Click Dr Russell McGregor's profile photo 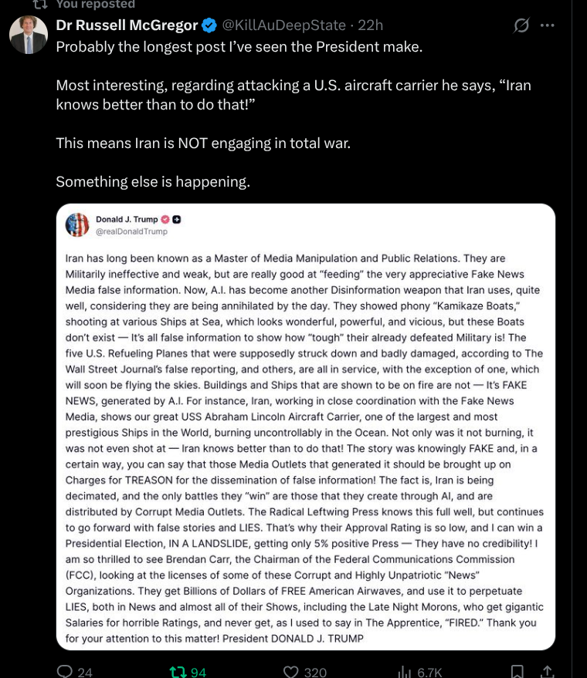(29, 35)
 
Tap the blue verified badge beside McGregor (209, 25)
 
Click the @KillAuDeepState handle (283, 25)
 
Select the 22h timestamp (370, 25)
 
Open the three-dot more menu (548, 25)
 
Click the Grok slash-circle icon (522, 25)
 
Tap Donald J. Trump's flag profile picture (77, 224)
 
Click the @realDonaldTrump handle (131, 231)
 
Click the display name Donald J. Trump (127, 220)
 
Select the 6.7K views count (429, 672)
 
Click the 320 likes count (315, 672)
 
